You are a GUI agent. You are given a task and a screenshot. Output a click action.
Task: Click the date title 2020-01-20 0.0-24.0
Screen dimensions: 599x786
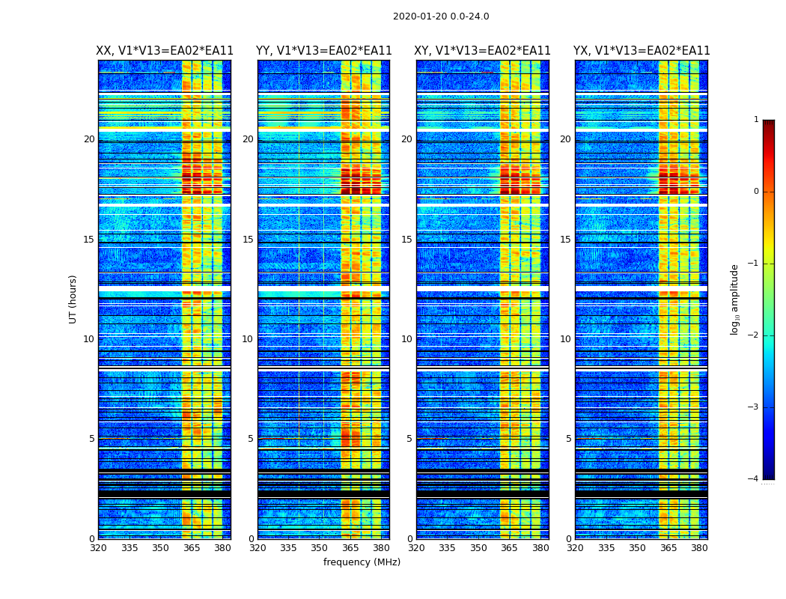(441, 16)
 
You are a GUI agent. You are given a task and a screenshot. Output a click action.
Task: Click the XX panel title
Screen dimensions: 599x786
(165, 51)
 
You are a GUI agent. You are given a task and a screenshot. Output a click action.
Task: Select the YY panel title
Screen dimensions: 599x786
(323, 51)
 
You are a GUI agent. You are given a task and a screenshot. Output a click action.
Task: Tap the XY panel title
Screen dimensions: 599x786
(483, 51)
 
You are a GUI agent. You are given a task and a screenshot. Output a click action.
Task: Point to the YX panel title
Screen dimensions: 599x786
(642, 51)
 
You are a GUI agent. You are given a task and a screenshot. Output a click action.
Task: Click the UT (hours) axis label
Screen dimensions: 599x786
(73, 299)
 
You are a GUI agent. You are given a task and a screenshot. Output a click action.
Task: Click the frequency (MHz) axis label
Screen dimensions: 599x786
(362, 562)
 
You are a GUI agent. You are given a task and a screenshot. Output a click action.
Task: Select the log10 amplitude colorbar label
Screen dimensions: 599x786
(734, 299)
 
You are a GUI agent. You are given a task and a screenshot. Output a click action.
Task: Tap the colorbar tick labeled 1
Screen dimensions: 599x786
(756, 120)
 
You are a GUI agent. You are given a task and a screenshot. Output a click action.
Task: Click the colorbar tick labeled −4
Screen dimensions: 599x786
(754, 479)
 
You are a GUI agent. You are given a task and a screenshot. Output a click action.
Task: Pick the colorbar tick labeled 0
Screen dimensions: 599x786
(756, 192)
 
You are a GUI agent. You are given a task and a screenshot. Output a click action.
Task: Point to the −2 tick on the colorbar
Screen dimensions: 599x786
(754, 335)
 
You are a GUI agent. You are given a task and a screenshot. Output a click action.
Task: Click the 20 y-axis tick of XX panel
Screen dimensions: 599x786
(89, 139)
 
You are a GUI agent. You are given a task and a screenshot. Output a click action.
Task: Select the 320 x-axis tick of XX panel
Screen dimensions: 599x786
(98, 548)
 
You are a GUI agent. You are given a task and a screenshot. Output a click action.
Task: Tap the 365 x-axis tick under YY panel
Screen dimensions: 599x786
(350, 548)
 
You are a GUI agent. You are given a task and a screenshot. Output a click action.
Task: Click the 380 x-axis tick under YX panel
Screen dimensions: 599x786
(699, 548)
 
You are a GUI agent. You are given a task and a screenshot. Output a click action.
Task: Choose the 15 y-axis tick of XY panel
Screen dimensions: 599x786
(406, 240)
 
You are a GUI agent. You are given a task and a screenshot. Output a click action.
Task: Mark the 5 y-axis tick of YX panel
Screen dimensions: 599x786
(568, 439)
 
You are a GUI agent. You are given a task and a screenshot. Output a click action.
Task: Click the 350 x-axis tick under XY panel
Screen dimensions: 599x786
(478, 548)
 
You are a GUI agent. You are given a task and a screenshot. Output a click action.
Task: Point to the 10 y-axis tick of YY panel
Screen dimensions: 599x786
(248, 339)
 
